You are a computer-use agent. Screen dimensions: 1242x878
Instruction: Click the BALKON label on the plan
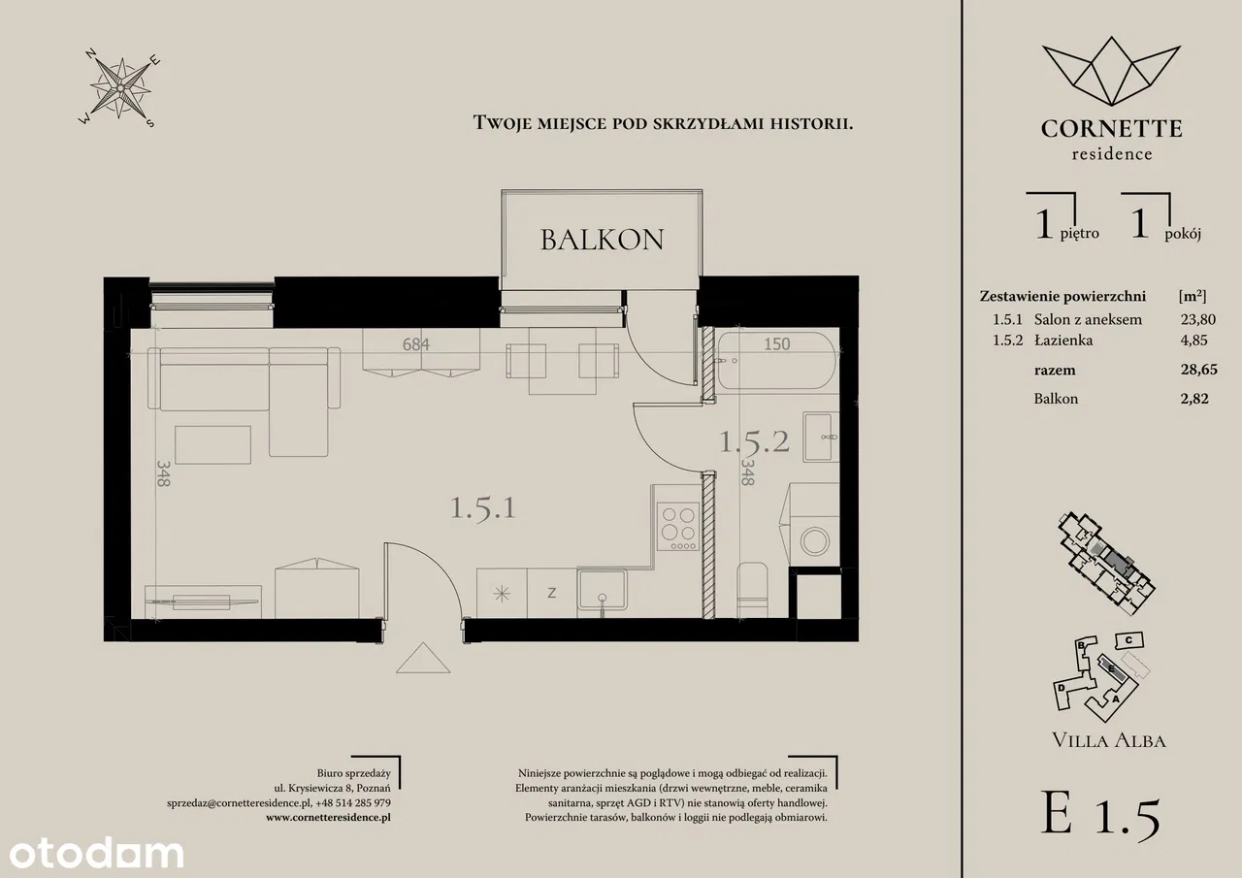coord(603,240)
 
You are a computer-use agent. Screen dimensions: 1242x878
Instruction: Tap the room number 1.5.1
coord(483,507)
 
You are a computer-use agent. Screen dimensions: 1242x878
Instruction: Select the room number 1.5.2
coord(754,441)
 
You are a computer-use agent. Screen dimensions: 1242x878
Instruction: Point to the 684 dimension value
coord(416,344)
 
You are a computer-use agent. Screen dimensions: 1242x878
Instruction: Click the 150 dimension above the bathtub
coord(777,344)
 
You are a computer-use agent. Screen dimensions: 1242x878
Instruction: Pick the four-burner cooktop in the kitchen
coord(677,527)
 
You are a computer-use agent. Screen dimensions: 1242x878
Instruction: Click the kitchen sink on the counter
coord(602,591)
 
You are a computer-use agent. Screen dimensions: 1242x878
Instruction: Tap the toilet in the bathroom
coord(752,590)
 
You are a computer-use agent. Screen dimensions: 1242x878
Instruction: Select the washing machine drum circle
coord(815,541)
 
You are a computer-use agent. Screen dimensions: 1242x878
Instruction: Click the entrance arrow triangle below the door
coord(423,659)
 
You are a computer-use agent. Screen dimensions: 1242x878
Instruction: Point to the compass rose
coord(120,88)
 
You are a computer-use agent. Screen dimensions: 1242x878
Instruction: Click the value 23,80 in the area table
coord(1197,319)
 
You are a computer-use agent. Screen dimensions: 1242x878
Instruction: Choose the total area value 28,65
coord(1198,370)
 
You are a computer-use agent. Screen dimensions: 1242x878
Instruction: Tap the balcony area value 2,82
coord(1194,398)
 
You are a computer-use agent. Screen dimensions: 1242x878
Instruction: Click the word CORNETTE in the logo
coord(1111,129)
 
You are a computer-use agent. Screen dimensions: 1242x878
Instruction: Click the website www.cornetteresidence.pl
coord(328,817)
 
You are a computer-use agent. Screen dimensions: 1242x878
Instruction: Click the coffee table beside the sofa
coord(212,444)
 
